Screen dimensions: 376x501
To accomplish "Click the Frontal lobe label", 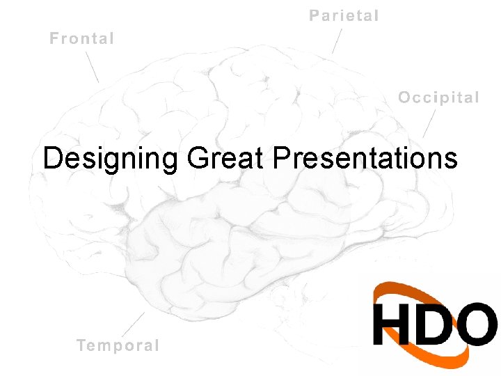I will tap(81, 38).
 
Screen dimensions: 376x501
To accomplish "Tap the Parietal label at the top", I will tap(344, 15).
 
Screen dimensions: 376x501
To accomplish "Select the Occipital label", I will tap(438, 97).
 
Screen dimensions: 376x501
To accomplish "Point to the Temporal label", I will tap(118, 345).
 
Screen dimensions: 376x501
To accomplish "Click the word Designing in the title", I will tap(110, 159).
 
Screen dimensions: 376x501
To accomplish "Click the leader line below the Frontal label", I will tap(92, 67).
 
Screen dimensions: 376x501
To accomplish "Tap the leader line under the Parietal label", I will tap(337, 41).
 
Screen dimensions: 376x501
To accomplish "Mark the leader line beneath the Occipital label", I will tap(429, 123).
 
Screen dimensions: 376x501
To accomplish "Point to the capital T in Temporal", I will tap(82, 345).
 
